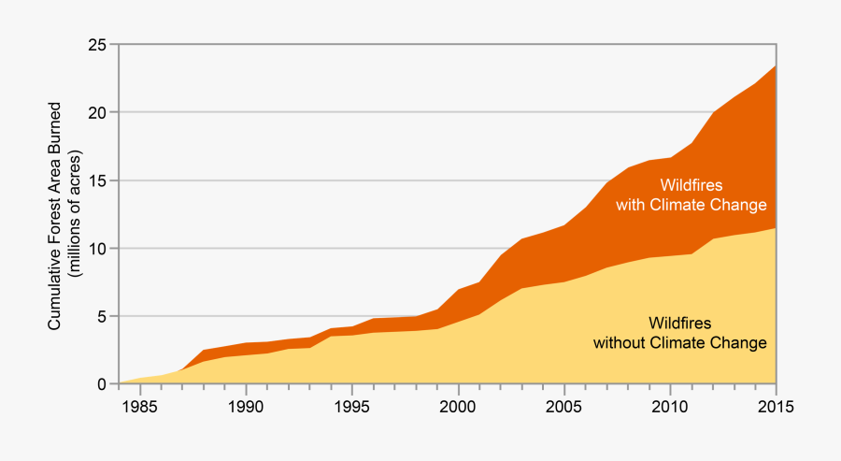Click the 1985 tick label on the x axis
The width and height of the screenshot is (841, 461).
tap(139, 408)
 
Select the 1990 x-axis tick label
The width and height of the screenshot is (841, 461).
tap(246, 408)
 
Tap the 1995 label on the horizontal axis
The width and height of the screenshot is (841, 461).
tap(351, 408)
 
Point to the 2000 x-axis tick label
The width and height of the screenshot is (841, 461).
tap(458, 408)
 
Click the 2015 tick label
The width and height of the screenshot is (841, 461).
tap(775, 408)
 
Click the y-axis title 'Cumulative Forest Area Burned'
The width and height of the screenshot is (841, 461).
tap(55, 215)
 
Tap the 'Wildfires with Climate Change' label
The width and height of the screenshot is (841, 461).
tap(690, 194)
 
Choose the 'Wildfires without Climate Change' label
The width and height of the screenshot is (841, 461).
tap(679, 333)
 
